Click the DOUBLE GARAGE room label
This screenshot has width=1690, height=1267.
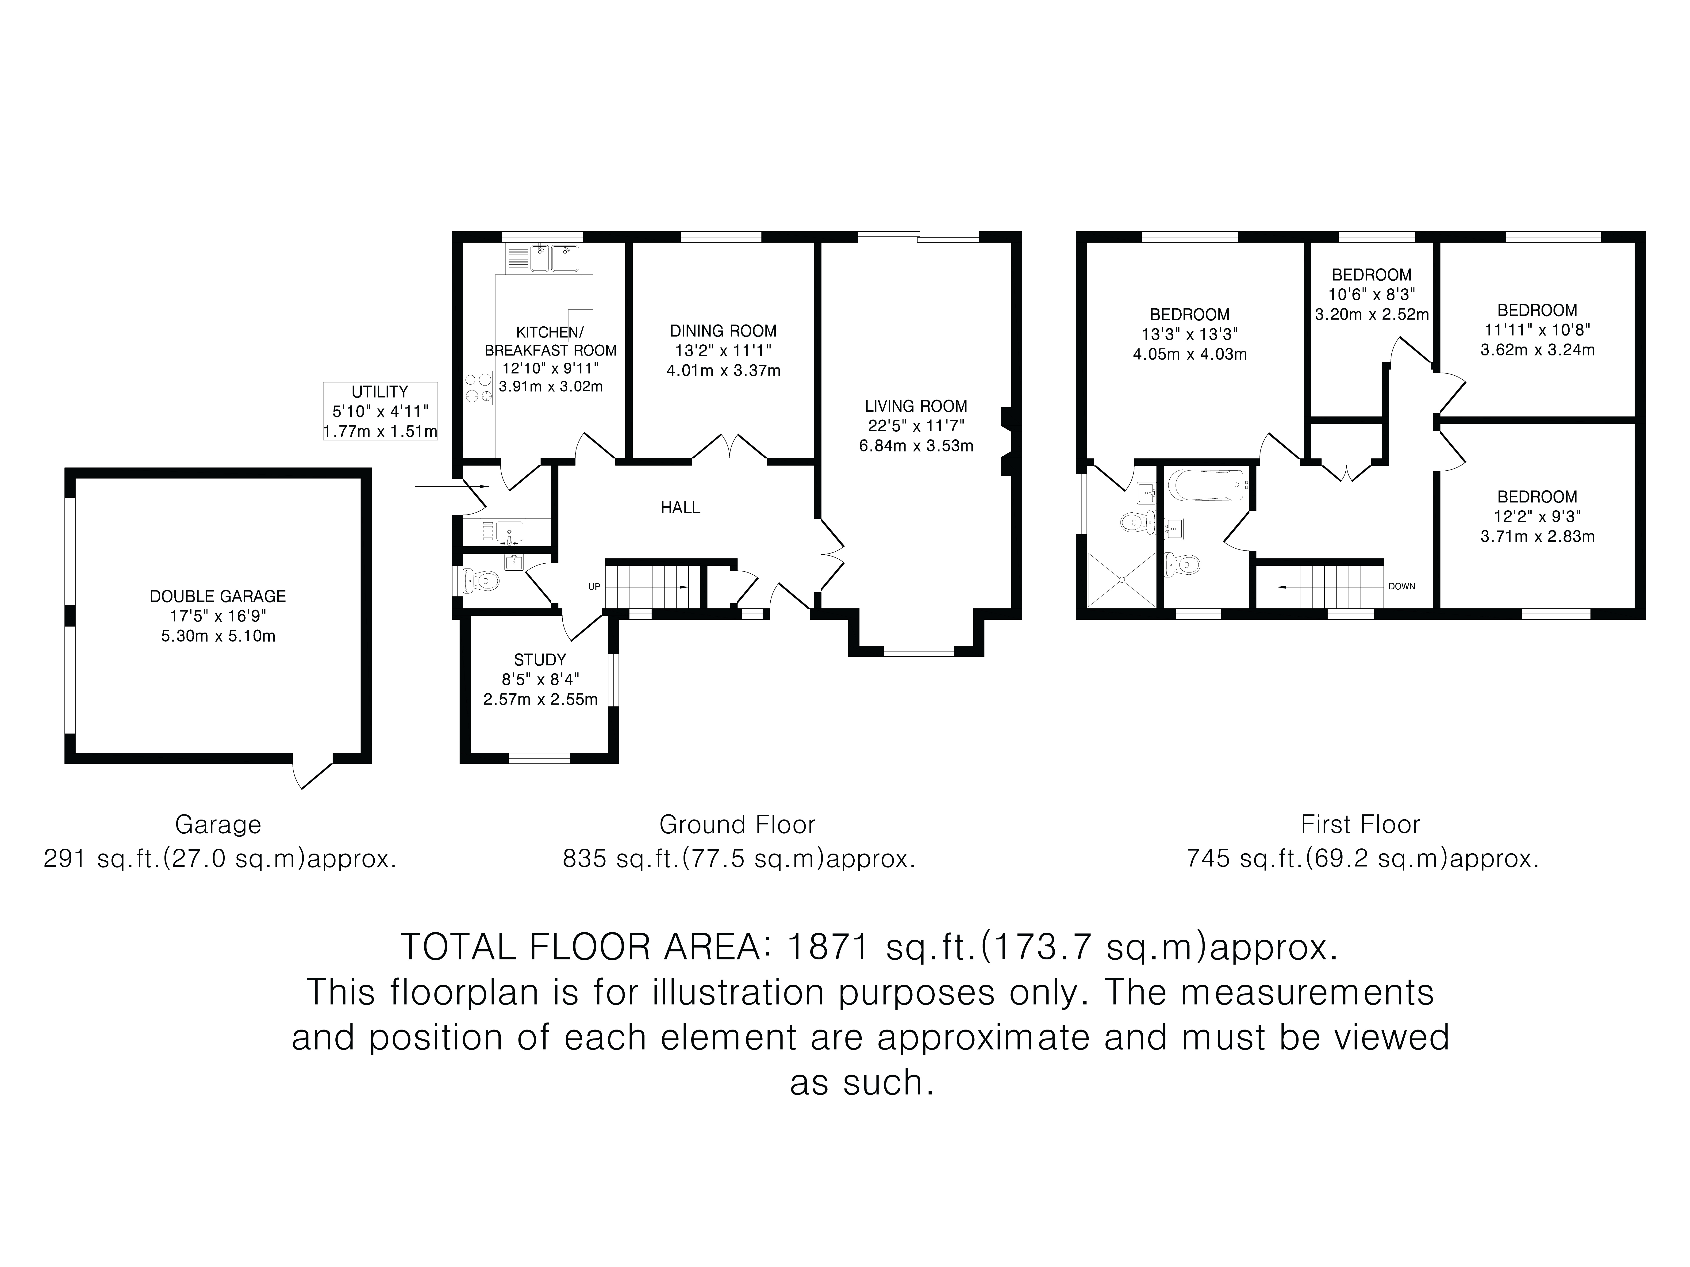tap(218, 596)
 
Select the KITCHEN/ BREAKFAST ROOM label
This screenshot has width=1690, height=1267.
tap(550, 341)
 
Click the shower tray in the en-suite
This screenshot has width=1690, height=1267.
tap(1121, 580)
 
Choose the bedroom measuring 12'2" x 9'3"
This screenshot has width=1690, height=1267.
tap(1537, 516)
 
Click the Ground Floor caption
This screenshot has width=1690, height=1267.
tap(737, 825)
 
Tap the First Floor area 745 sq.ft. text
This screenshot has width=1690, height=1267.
tap(1362, 859)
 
